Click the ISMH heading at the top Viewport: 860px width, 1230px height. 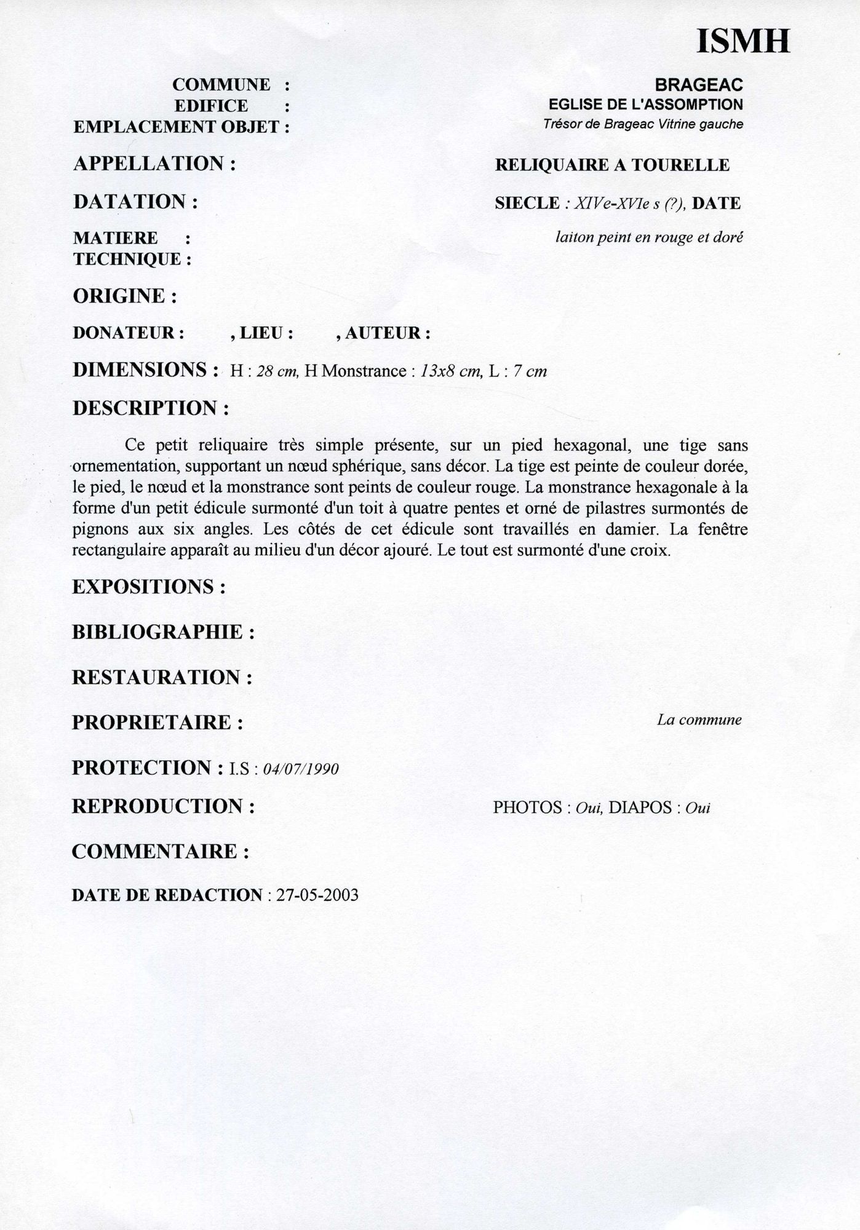click(743, 41)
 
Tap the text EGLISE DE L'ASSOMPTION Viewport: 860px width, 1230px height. click(645, 105)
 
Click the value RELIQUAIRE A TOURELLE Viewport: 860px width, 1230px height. click(612, 165)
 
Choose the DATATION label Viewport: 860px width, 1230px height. click(135, 202)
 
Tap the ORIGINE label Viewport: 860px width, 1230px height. click(125, 296)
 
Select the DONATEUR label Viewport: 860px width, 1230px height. click(129, 333)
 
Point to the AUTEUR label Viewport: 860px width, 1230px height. click(387, 333)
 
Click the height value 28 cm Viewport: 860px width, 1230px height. click(277, 371)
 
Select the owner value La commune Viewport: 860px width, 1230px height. click(699, 720)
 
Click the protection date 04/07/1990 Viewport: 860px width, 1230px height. click(300, 769)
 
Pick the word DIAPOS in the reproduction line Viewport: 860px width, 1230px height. click(639, 807)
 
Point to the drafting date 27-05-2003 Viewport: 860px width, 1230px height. click(317, 895)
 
